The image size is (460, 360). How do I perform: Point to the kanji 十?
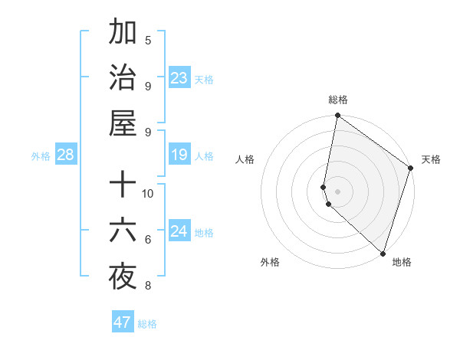click(x=123, y=185)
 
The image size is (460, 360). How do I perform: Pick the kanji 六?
click(x=123, y=231)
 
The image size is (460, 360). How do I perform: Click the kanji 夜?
click(x=123, y=277)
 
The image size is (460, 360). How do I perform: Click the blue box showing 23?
click(x=179, y=77)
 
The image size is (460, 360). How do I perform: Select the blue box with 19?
click(x=179, y=155)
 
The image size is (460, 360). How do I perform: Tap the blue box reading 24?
click(x=179, y=232)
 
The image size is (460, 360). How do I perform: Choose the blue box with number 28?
click(x=65, y=155)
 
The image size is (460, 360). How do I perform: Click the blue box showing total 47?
click(x=123, y=322)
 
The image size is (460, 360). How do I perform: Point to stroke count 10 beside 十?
click(x=148, y=193)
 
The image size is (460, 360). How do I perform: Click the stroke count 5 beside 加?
click(x=148, y=40)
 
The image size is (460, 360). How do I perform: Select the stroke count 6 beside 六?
click(x=148, y=240)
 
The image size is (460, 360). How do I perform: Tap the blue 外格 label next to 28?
click(x=41, y=156)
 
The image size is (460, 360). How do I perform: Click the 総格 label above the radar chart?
click(x=338, y=100)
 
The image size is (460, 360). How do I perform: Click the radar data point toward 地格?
click(x=383, y=253)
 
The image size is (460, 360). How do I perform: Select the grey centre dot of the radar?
click(x=338, y=191)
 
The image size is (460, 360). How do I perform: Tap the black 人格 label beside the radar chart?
click(x=245, y=159)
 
